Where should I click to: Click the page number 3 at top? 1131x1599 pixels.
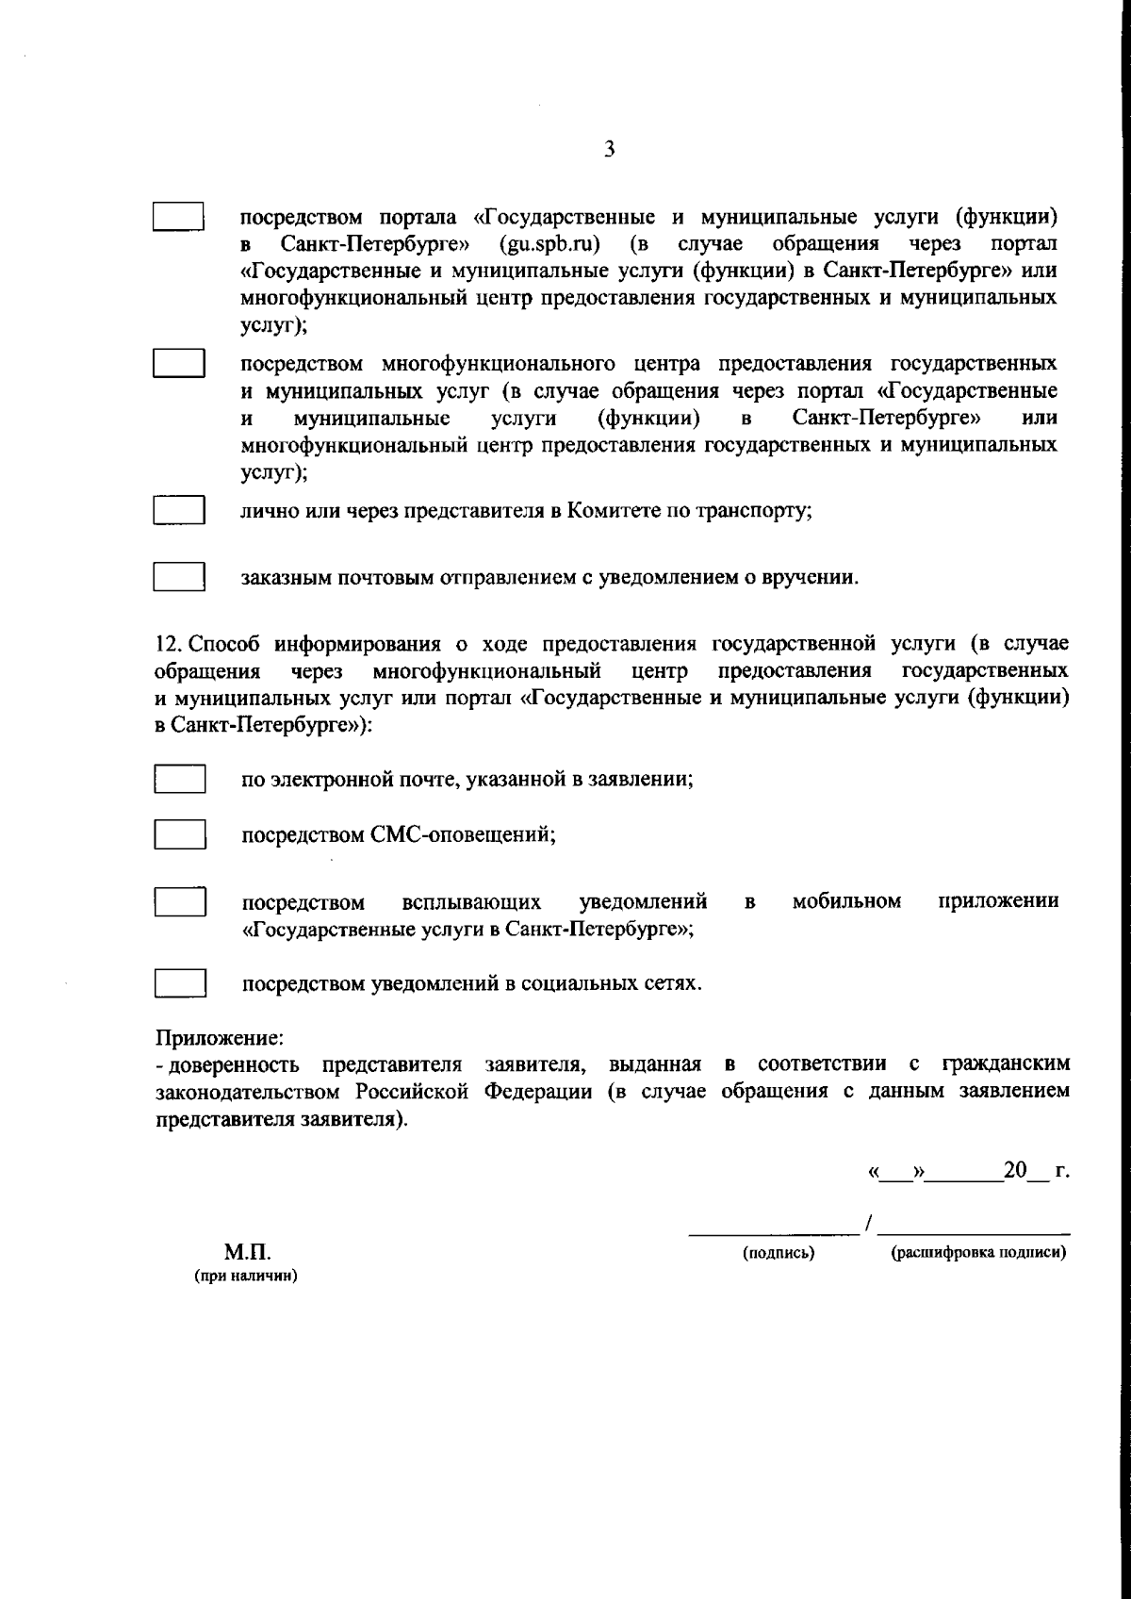(x=610, y=149)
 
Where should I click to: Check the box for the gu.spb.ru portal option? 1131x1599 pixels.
(x=179, y=216)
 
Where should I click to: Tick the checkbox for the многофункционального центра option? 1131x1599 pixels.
(x=179, y=363)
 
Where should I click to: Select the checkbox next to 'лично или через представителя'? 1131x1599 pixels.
(x=179, y=510)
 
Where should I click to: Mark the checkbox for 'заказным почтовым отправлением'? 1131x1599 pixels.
(x=179, y=576)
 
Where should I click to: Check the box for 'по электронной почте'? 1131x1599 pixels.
(x=179, y=780)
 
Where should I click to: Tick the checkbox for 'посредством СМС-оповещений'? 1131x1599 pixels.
(x=179, y=834)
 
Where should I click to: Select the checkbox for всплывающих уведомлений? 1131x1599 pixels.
(x=179, y=901)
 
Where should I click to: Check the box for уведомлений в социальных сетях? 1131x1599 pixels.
(x=179, y=983)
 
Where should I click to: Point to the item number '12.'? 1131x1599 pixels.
(x=169, y=644)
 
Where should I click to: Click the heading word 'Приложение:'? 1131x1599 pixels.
(x=219, y=1038)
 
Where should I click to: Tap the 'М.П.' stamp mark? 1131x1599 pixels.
(x=247, y=1253)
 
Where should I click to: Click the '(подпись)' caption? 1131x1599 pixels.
(x=779, y=1253)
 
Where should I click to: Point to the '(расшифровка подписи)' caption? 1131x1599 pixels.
(x=978, y=1253)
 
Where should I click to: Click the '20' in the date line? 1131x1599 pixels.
(x=1014, y=1171)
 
